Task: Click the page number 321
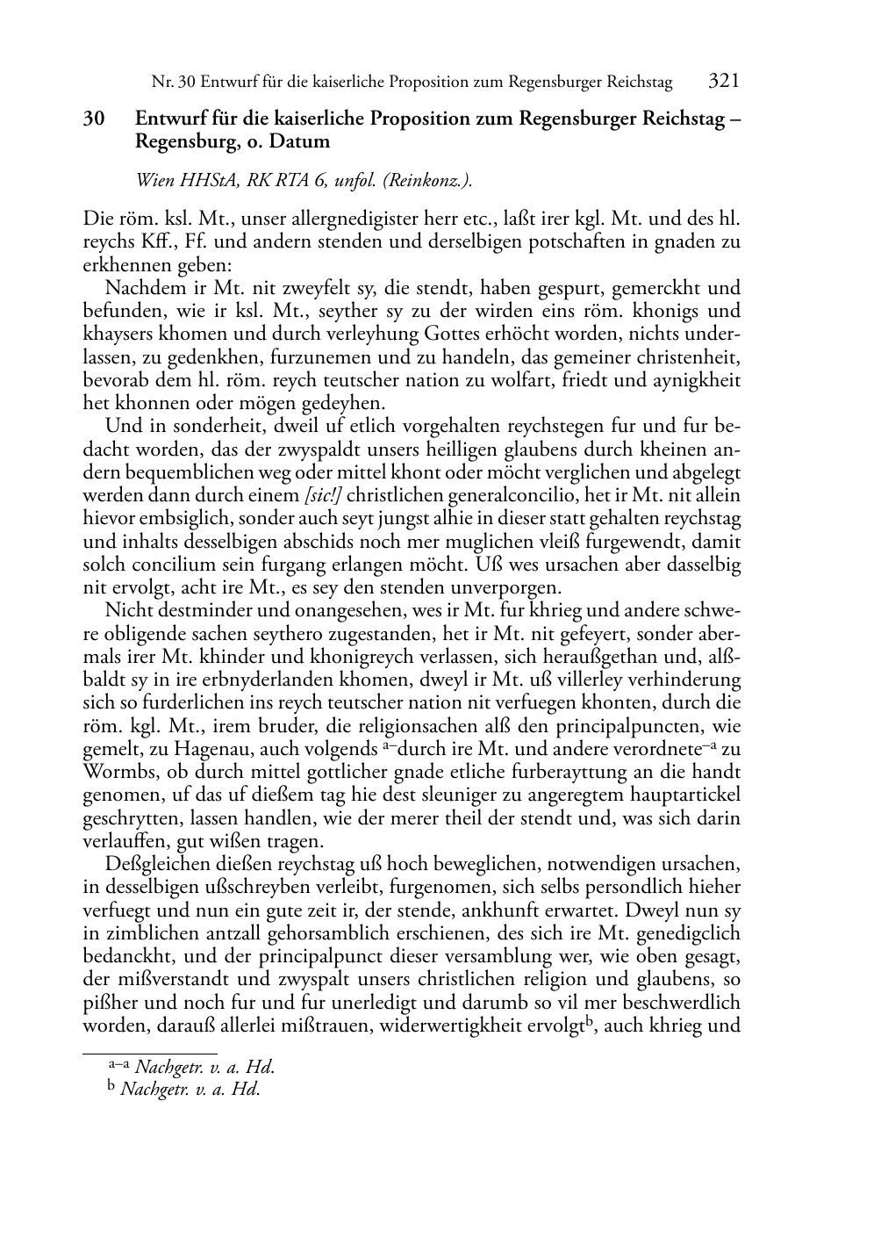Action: click(724, 81)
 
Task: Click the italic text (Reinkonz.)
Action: click(430, 181)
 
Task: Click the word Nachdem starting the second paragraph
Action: click(140, 288)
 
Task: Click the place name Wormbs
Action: click(115, 773)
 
